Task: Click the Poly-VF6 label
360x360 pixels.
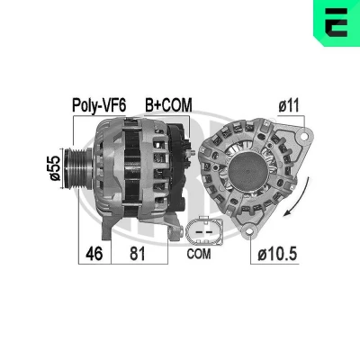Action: [x=99, y=105]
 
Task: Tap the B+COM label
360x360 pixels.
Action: [x=168, y=105]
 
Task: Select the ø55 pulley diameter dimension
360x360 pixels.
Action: [x=55, y=168]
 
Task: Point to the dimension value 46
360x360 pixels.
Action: [x=94, y=254]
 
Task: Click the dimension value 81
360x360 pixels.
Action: [x=138, y=254]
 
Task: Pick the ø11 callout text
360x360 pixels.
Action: [x=289, y=106]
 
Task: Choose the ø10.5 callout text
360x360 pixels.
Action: [x=277, y=255]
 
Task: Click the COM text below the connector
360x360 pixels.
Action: [x=199, y=254]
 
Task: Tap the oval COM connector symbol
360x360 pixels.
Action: [x=204, y=232]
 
